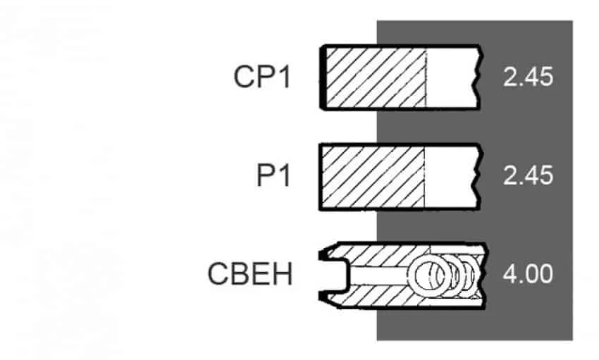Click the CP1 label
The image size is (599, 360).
click(x=262, y=77)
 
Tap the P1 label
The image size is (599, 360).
click(x=273, y=175)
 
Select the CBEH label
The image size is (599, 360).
click(x=250, y=274)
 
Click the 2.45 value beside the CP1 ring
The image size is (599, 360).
click(x=528, y=77)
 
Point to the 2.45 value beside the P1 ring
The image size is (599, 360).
click(x=528, y=175)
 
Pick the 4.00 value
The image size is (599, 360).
click(x=528, y=274)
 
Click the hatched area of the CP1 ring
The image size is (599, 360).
click(x=376, y=78)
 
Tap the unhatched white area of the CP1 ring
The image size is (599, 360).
click(x=451, y=78)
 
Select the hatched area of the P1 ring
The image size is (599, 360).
click(x=373, y=177)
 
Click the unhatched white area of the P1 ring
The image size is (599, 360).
click(x=450, y=177)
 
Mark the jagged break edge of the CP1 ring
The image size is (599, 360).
click(x=478, y=78)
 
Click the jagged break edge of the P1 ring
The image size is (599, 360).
click(x=478, y=177)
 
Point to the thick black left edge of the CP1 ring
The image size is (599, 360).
click(x=323, y=78)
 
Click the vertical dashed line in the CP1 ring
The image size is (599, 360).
click(x=426, y=78)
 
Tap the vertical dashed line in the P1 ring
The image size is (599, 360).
click(x=424, y=177)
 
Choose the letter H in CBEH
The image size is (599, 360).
click(x=283, y=274)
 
